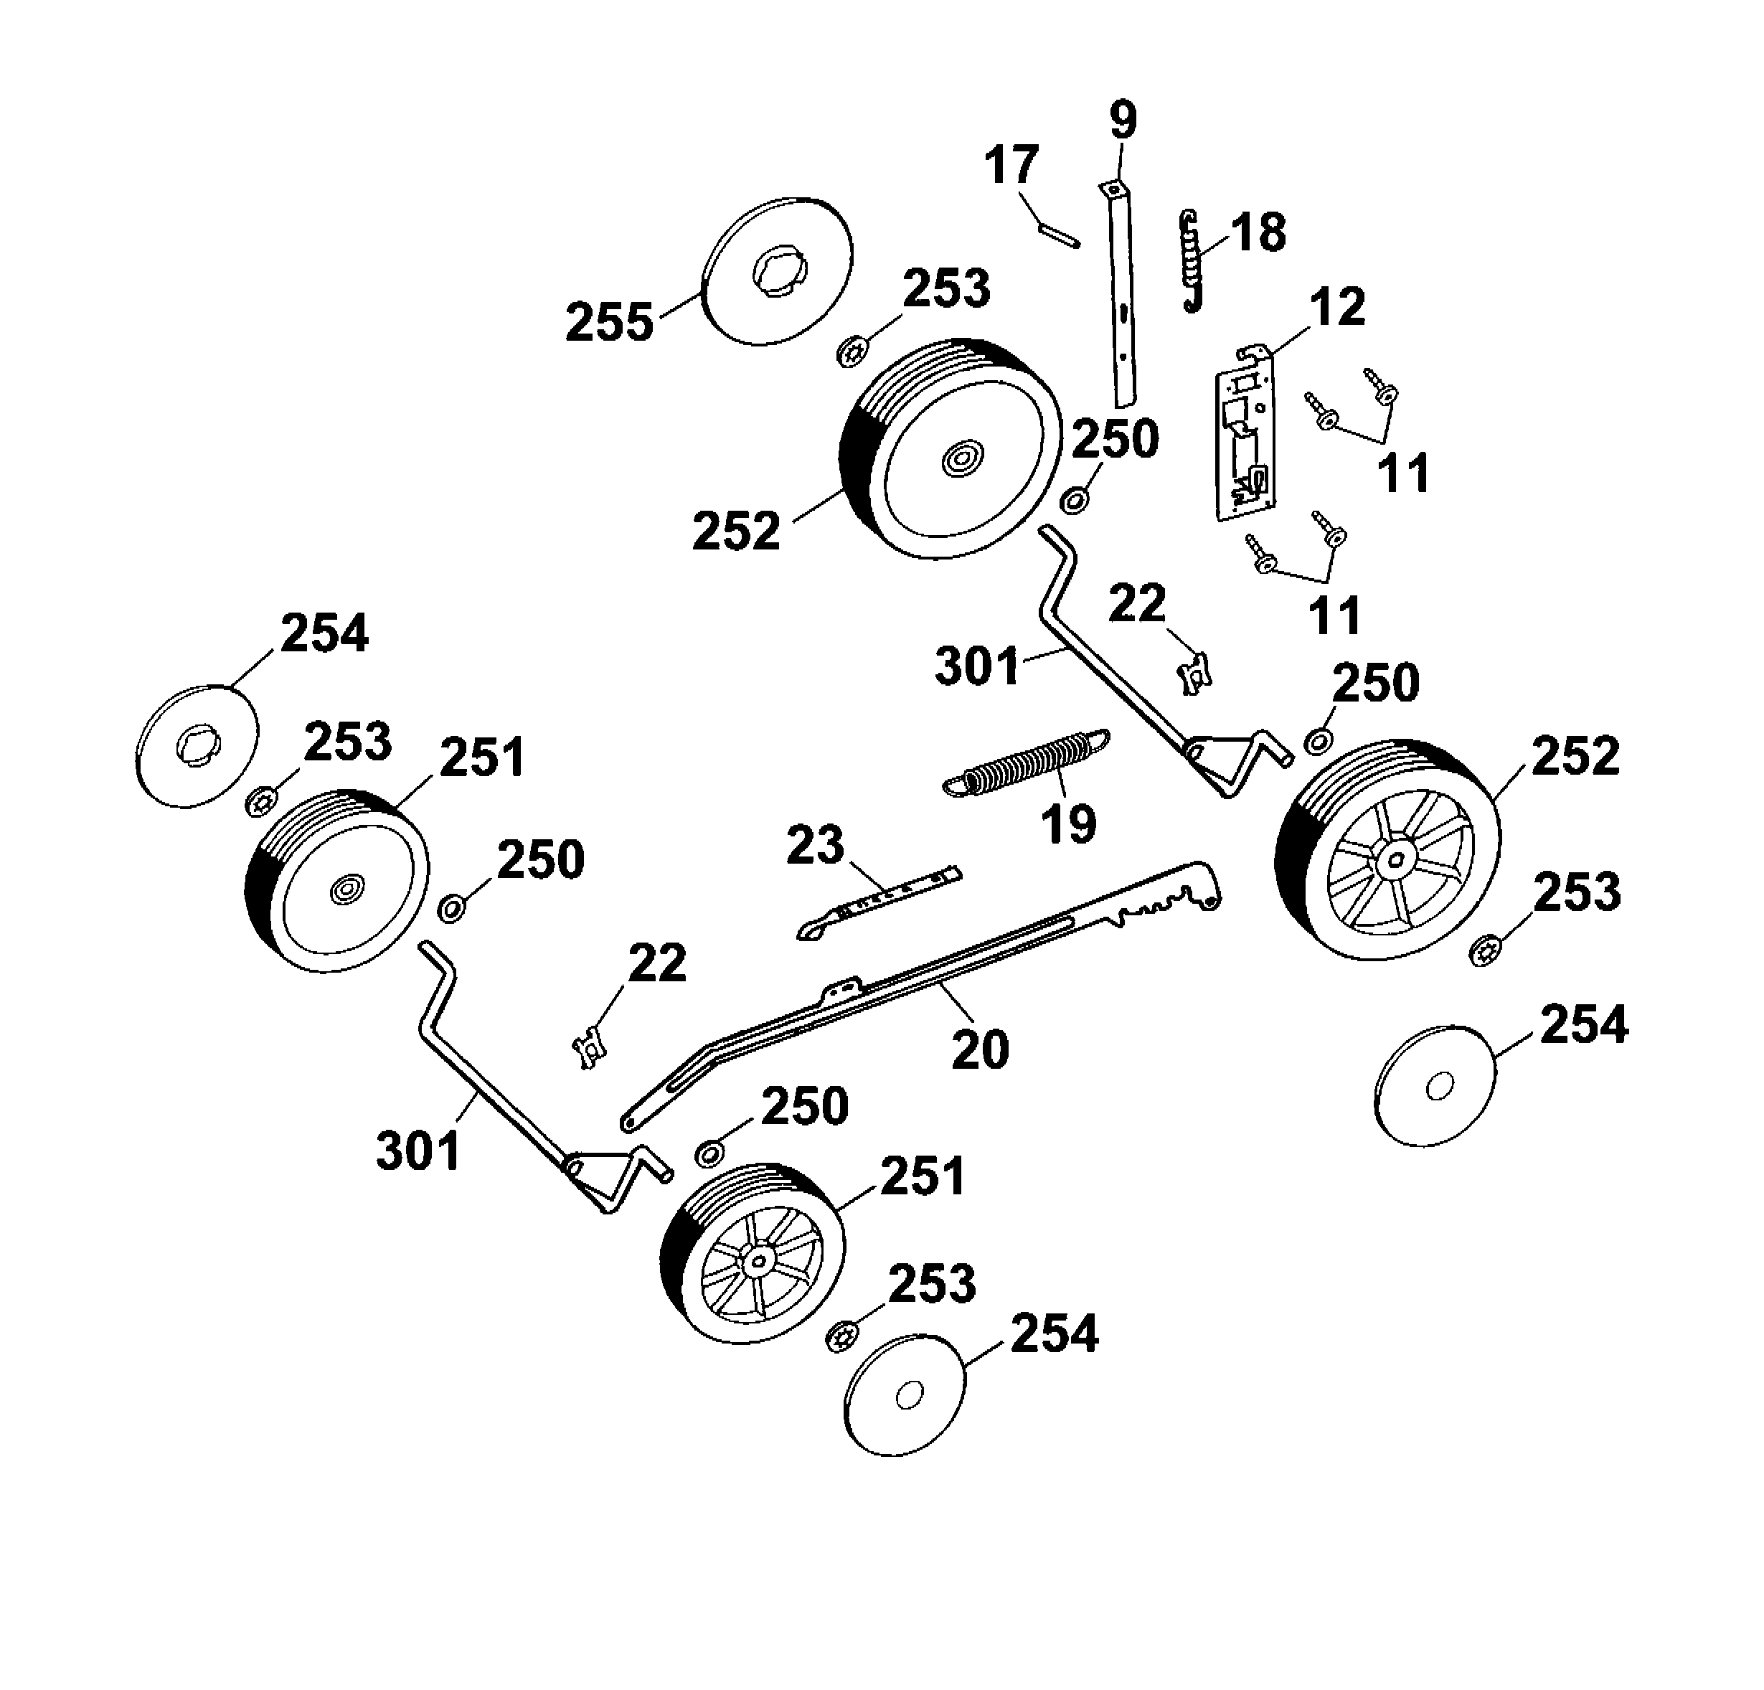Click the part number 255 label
pos(609,322)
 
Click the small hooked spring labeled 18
pos(1192,261)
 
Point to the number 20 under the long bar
pos(980,1049)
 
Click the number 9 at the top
pos(1122,121)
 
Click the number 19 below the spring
pos(1069,823)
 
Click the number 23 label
pos(816,846)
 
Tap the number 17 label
pos(1011,166)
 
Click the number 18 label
pos(1258,233)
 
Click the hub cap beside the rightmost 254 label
pos(1436,1086)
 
